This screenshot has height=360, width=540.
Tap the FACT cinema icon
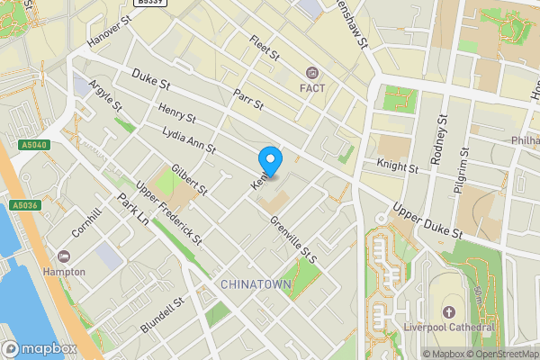[x=312, y=73]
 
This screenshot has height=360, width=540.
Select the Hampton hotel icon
[x=63, y=256]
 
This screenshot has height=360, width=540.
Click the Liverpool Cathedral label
[x=450, y=326]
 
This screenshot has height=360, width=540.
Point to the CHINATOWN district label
[x=256, y=284]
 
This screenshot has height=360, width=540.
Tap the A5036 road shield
[x=26, y=206]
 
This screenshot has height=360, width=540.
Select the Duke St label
[x=151, y=82]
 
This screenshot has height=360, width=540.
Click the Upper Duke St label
[x=427, y=220]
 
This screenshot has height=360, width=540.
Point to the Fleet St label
[x=265, y=48]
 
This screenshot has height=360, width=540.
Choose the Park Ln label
[x=132, y=212]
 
